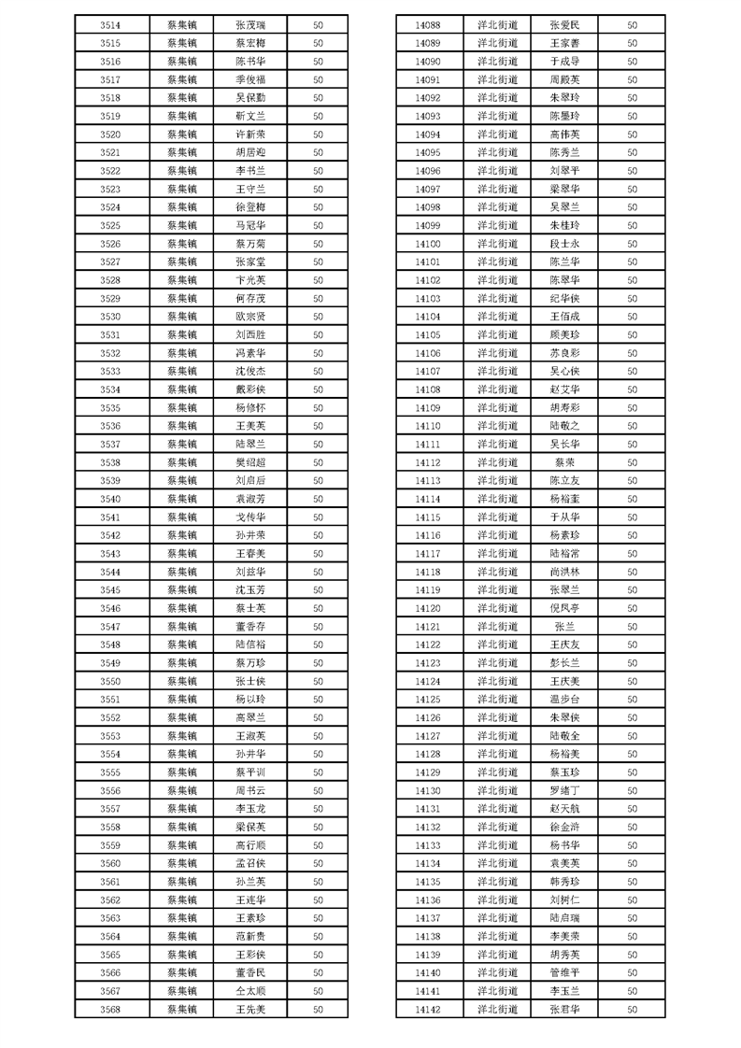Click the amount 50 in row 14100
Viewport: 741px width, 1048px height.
point(632,244)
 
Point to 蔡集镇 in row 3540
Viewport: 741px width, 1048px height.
point(182,499)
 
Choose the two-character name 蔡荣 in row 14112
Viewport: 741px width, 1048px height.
point(565,462)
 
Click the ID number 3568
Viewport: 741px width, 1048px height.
point(109,1009)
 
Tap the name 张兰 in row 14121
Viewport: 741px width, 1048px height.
point(565,626)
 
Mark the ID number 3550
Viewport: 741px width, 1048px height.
point(109,681)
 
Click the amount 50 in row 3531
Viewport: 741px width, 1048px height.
point(318,334)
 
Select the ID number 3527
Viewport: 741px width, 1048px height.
point(109,262)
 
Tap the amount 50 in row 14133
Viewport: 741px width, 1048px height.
point(632,844)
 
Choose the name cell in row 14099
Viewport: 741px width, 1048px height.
point(565,225)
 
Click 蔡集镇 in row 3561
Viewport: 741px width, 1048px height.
point(182,881)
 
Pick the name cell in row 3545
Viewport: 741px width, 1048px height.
point(250,589)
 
